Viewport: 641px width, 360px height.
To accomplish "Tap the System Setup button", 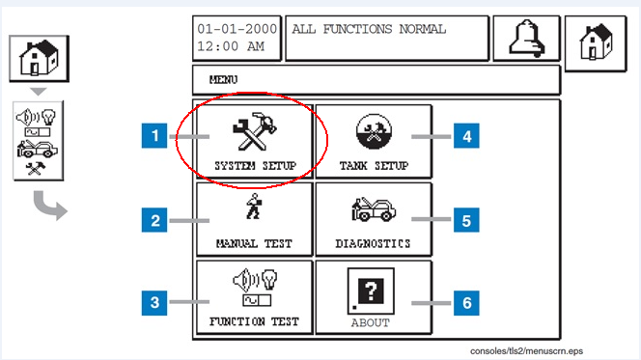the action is [254, 141].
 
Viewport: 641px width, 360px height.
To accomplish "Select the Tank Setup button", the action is [374, 141].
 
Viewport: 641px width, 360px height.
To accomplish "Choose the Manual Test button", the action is [254, 219].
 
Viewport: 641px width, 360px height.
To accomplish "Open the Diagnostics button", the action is [374, 219].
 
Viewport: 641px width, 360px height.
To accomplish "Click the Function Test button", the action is [254, 297].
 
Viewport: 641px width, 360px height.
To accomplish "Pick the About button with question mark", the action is [374, 297].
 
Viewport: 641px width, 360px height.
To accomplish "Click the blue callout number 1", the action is [154, 136].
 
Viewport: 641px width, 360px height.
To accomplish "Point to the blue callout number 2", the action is [154, 220].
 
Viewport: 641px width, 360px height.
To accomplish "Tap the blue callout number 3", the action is [154, 303].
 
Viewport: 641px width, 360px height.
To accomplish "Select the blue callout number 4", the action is [466, 136].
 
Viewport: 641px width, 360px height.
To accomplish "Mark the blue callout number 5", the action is [466, 220].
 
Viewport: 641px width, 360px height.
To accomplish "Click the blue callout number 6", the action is [466, 303].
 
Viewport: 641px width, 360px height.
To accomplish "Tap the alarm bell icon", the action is [526, 39].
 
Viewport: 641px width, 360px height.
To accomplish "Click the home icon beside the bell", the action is [596, 43].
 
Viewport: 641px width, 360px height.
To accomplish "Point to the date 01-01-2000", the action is [237, 29].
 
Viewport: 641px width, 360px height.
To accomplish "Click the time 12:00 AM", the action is [231, 46].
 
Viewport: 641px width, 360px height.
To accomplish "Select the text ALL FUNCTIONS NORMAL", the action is [369, 29].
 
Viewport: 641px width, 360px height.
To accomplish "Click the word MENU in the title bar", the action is [223, 80].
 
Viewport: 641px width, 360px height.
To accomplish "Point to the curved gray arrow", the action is [48, 206].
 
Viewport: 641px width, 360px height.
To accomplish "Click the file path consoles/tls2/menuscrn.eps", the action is [526, 351].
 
